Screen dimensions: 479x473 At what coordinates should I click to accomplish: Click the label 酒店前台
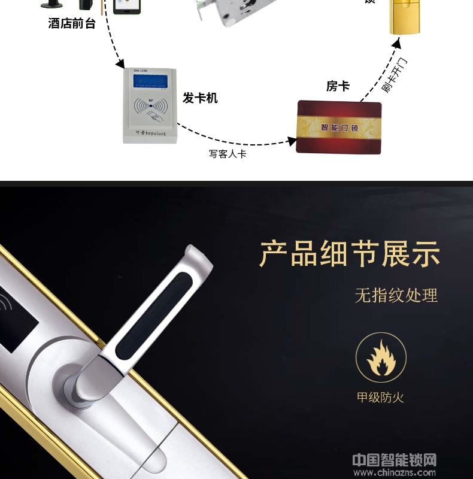coord(72,24)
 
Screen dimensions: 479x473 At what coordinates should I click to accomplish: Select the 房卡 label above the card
coord(338,86)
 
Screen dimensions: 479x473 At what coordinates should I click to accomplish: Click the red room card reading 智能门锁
coord(338,127)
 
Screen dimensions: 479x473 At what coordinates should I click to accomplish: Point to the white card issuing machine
coord(153,107)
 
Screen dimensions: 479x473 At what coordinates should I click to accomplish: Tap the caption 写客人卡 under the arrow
coord(228,154)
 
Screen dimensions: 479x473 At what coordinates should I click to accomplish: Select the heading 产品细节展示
coord(350,254)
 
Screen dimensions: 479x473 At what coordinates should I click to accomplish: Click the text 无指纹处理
coord(396,295)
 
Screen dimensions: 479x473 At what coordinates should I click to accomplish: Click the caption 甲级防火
coord(381,398)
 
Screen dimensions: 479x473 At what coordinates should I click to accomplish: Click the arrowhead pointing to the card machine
coord(120,63)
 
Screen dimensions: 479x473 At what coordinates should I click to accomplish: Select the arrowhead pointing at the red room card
coord(292,142)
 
